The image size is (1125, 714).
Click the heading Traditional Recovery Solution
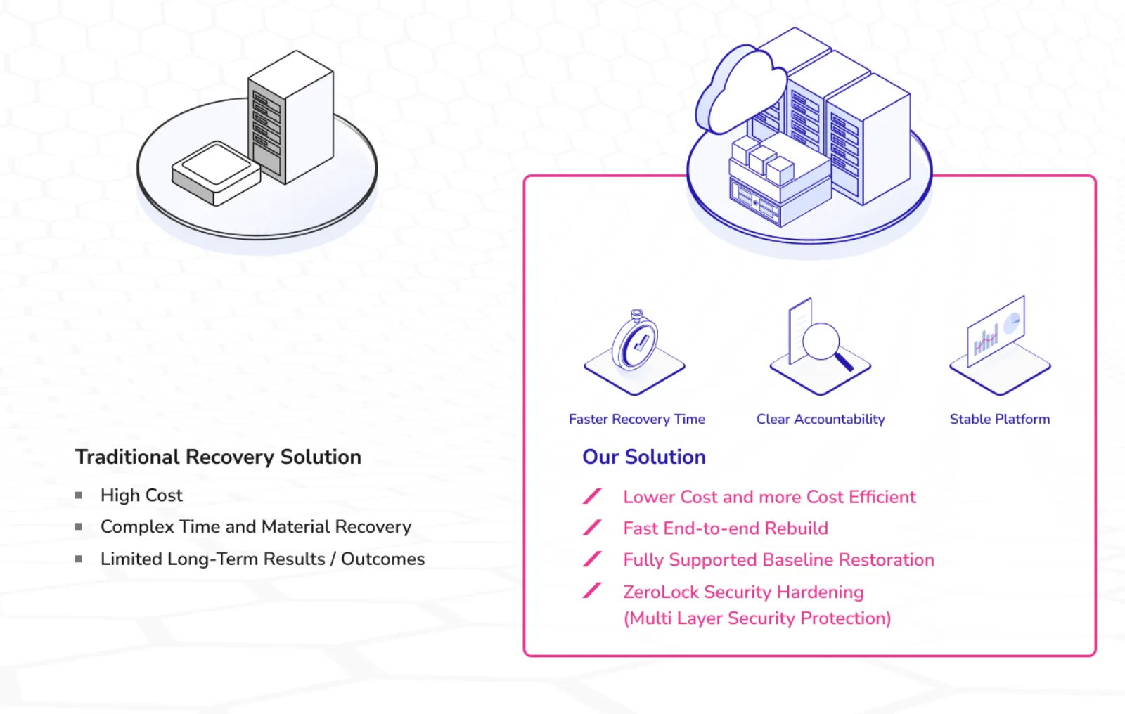coord(218,457)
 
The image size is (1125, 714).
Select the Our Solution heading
coord(643,457)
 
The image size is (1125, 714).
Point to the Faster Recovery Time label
coord(636,420)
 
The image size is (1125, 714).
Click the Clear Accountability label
coord(821,420)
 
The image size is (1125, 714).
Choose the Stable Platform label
coord(999,420)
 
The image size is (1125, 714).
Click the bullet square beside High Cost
coord(79,495)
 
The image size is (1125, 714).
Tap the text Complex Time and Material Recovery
coord(256,527)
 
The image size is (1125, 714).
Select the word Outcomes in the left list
coord(382,559)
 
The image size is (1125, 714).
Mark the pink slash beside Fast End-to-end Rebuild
coord(592,528)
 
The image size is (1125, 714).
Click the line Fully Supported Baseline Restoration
coord(778,560)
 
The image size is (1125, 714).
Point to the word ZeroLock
coord(660,592)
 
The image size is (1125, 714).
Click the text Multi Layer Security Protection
coord(757,618)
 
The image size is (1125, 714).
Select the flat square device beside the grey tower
coord(216,172)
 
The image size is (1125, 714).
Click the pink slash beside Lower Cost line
coord(592,496)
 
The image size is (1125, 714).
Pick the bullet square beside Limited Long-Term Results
coord(79,559)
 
